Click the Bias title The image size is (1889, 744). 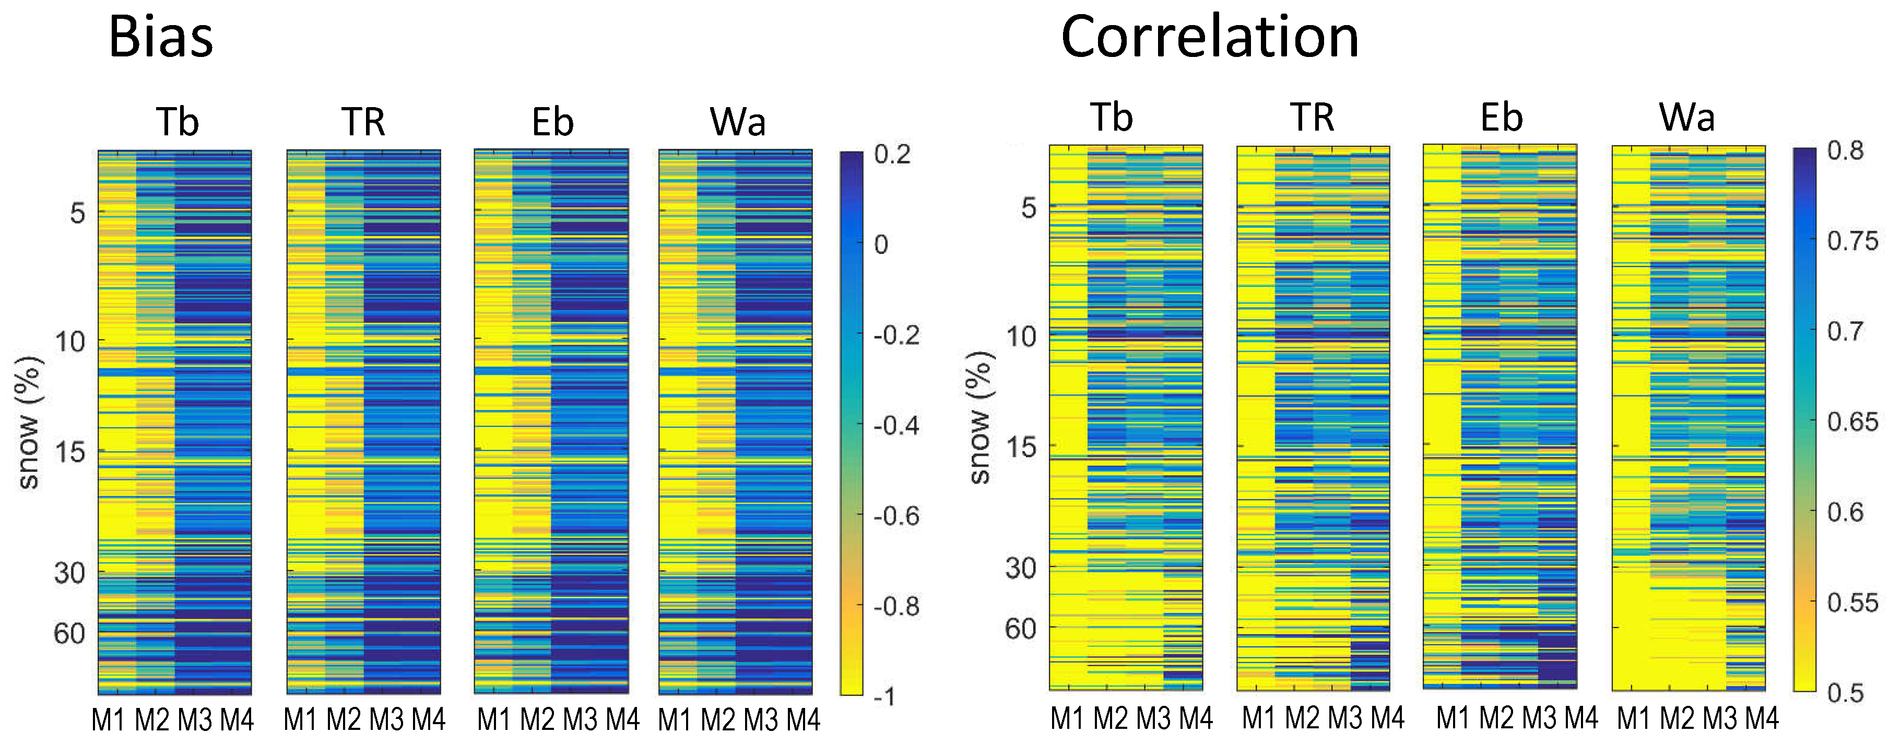click(x=161, y=37)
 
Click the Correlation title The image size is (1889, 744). click(x=1210, y=37)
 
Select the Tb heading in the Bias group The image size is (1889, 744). click(x=178, y=122)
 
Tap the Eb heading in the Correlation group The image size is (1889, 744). click(x=1501, y=118)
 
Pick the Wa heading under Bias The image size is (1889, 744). click(x=738, y=122)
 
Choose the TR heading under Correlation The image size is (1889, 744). click(x=1312, y=118)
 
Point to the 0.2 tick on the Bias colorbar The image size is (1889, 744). click(x=892, y=154)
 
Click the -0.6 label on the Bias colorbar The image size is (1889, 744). click(x=896, y=516)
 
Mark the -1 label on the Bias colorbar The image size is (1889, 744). click(x=884, y=696)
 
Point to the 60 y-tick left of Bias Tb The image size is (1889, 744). click(x=69, y=633)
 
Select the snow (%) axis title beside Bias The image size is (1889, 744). click(x=29, y=423)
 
